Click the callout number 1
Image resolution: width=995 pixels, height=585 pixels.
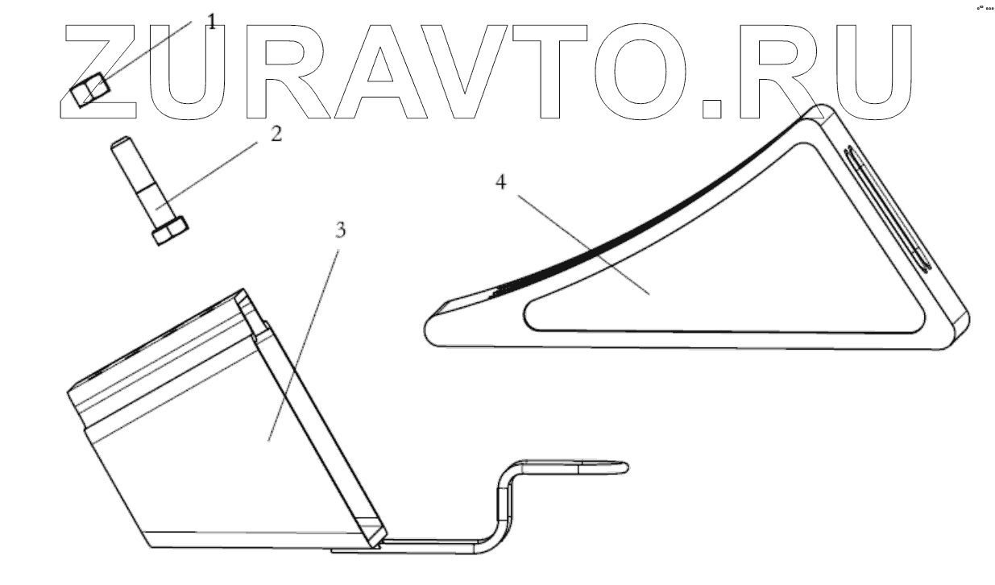(212, 22)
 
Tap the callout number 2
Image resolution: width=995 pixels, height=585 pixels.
(276, 134)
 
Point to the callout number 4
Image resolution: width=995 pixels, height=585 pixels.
(500, 183)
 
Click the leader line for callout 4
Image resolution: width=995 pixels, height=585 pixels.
(580, 242)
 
